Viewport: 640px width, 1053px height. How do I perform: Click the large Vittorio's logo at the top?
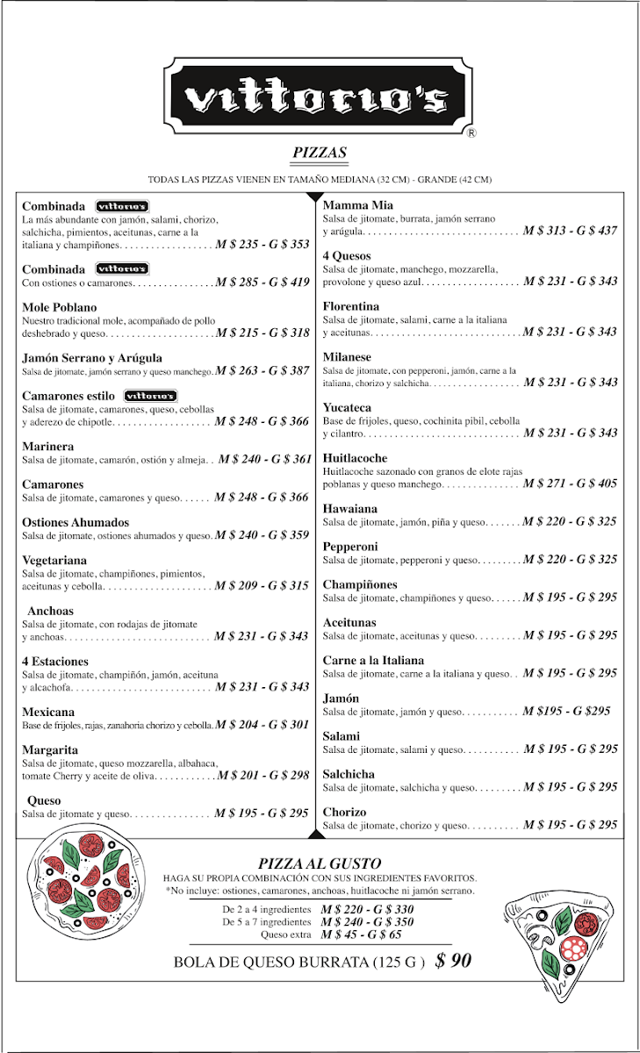[x=320, y=97]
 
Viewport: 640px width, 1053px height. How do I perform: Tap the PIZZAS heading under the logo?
[x=320, y=153]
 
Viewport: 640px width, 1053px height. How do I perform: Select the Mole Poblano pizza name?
[x=60, y=307]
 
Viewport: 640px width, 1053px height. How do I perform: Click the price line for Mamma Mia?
[x=570, y=231]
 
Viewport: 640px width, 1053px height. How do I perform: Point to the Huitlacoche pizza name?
[x=355, y=458]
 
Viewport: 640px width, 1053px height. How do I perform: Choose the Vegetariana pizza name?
[x=54, y=560]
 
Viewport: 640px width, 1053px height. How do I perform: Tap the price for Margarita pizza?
[x=262, y=776]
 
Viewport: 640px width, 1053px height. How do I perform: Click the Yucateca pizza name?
[x=347, y=408]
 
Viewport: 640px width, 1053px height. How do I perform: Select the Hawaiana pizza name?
[x=350, y=509]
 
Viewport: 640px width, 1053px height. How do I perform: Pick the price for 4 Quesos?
[x=570, y=282]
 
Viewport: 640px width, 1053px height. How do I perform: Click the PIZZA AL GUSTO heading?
[x=320, y=864]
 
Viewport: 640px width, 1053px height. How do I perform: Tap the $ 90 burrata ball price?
[x=454, y=961]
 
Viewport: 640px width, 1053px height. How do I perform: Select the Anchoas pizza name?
[x=51, y=611]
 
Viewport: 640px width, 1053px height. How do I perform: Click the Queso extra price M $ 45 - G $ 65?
[x=366, y=935]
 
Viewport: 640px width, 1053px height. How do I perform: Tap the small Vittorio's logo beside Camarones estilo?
[x=150, y=396]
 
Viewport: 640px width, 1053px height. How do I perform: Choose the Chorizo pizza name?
[x=344, y=813]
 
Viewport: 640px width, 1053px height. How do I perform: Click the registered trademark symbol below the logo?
[x=471, y=133]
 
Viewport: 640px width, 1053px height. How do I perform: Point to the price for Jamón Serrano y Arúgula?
[x=262, y=371]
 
